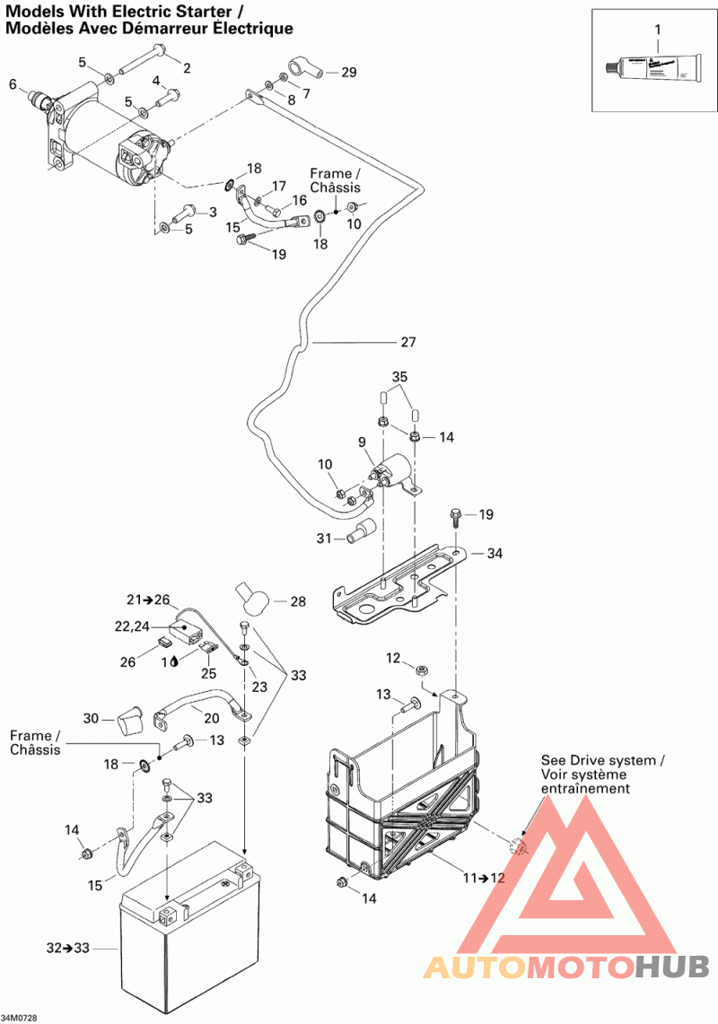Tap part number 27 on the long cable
408,342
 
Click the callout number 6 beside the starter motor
13,85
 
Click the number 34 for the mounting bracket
495,554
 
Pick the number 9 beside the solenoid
362,442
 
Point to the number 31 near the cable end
323,538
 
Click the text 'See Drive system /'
602,760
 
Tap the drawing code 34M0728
20,1018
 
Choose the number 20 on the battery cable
211,718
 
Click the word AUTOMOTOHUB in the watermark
566,967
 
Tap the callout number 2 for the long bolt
187,68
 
